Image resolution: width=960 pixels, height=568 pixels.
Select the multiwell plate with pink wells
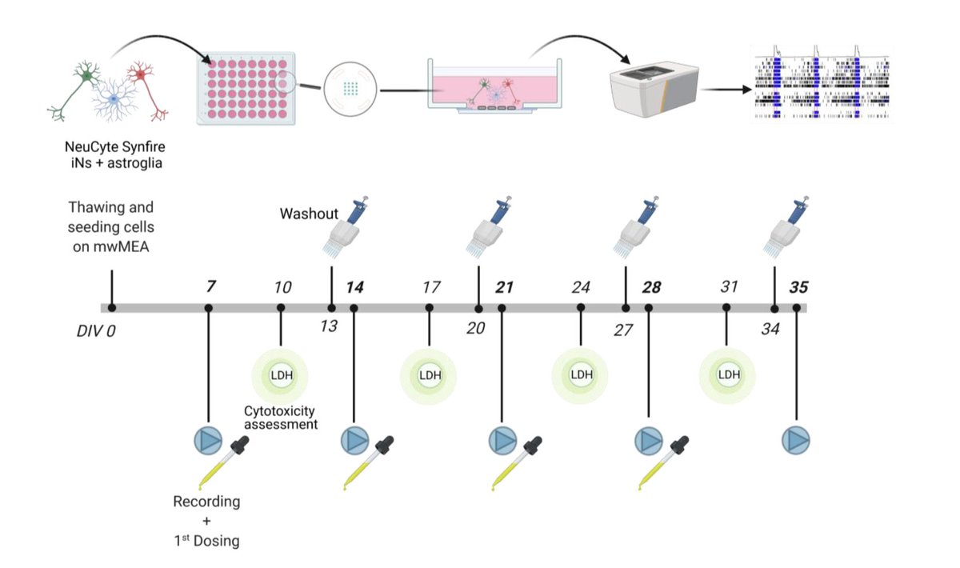coord(246,88)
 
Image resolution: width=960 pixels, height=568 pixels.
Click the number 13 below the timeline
coord(329,326)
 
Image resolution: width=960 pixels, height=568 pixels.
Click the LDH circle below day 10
coord(281,374)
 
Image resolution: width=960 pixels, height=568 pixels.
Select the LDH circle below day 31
coord(728,374)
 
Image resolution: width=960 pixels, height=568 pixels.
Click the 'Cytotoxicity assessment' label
coord(281,418)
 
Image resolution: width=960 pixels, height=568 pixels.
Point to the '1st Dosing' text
coord(207,541)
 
